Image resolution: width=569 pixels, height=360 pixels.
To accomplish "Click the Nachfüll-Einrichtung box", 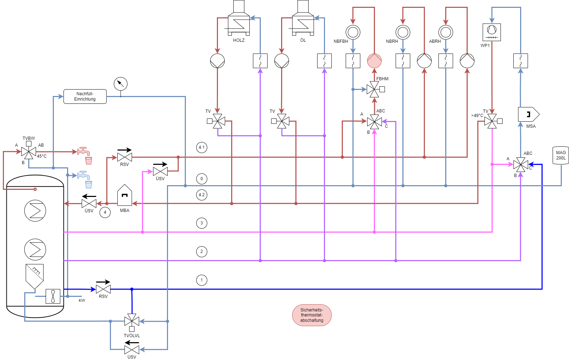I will click(85, 96).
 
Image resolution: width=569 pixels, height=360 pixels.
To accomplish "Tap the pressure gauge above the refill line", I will click(121, 84).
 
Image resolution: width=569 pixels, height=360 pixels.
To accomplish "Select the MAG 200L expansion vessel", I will click(560, 155).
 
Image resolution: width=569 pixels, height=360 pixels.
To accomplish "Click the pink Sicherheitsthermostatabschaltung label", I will click(312, 315).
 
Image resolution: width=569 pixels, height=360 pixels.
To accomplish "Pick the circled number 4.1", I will click(202, 147).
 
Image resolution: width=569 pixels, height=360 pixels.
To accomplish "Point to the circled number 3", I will click(202, 223).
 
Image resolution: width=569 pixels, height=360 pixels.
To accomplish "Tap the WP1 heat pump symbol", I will click(492, 32).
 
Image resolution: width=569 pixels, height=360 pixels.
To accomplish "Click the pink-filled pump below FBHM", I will click(374, 61).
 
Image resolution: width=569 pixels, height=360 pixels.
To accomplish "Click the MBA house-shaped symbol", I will click(125, 196).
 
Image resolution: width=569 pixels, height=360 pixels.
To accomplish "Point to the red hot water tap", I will click(83, 151).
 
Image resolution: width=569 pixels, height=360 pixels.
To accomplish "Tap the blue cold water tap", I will click(83, 175).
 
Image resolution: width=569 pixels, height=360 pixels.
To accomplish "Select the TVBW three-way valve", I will click(29, 152).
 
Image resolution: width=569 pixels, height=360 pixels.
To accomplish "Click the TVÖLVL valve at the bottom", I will click(132, 321).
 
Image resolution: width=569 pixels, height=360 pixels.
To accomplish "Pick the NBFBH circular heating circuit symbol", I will click(353, 32).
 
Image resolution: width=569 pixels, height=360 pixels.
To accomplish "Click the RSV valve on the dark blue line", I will click(103, 289).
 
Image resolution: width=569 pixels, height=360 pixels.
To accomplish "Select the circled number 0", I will click(202, 179).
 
